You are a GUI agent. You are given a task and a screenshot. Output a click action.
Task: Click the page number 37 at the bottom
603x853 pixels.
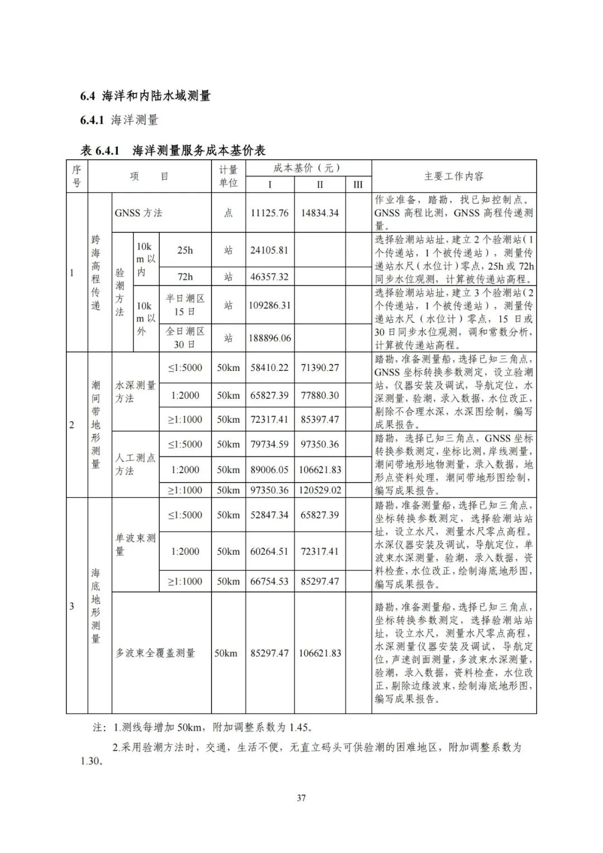coord(301,798)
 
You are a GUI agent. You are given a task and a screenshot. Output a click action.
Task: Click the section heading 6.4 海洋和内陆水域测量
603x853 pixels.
coord(145,96)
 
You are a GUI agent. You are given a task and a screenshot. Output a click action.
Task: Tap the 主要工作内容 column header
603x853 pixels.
coord(453,177)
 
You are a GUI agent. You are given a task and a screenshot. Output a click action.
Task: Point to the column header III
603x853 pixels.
coord(358,184)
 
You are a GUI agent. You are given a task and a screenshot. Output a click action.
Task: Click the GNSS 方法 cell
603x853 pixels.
coord(138,213)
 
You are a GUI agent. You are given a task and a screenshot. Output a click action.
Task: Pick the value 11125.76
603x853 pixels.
coord(270,213)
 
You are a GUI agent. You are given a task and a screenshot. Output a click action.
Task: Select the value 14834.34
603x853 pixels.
coord(319,213)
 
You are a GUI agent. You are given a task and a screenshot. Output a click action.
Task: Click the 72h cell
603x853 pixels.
coord(185,277)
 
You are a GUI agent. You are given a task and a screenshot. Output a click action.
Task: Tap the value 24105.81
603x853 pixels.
coord(269,250)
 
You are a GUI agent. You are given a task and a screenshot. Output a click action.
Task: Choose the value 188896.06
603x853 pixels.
coord(270,338)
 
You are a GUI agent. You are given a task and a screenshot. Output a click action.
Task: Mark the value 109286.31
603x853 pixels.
coord(270,306)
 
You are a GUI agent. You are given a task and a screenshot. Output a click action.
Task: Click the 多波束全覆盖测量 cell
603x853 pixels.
coord(155,653)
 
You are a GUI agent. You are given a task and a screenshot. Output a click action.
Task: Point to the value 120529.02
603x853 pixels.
coord(319,490)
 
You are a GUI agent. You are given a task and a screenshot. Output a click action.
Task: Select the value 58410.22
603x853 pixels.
coord(270,368)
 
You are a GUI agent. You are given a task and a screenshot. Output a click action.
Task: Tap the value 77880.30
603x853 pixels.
coord(319,395)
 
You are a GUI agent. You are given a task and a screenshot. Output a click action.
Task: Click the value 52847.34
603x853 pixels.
coord(270,515)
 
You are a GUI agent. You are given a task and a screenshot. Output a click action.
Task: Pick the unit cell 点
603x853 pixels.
coord(228,213)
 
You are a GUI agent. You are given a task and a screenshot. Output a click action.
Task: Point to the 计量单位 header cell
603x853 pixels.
coord(228,176)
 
